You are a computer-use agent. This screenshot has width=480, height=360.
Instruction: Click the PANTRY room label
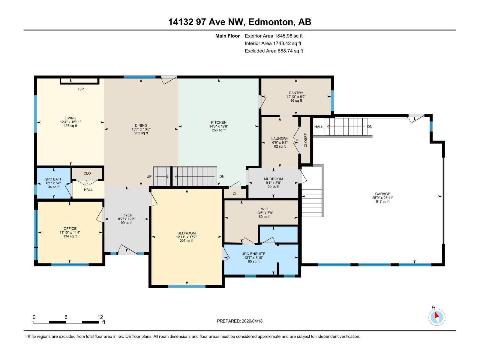pyautogui.click(x=296, y=93)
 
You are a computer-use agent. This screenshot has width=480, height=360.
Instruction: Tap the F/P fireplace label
pyautogui.click(x=81, y=89)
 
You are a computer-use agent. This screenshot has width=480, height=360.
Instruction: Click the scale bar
pyautogui.click(x=66, y=322)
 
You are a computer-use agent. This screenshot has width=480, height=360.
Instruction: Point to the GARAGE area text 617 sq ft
pyautogui.click(x=382, y=202)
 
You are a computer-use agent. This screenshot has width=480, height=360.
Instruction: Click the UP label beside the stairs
pyautogui.click(x=149, y=176)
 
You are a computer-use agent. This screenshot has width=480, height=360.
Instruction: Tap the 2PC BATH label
pyautogui.click(x=54, y=179)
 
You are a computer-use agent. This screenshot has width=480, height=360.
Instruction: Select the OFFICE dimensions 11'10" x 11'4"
pyautogui.click(x=70, y=232)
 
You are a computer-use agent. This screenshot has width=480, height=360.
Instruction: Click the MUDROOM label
pyautogui.click(x=273, y=179)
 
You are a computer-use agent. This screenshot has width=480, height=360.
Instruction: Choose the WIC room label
pyautogui.click(x=264, y=209)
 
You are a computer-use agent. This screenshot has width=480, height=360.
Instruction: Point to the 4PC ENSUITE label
pyautogui.click(x=253, y=254)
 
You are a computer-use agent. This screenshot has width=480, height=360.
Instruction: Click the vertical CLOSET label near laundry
pyautogui.click(x=306, y=140)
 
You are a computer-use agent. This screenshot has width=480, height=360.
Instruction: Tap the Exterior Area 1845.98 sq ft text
pyautogui.click(x=274, y=36)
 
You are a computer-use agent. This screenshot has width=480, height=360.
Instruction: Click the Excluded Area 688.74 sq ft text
pyautogui.click(x=274, y=51)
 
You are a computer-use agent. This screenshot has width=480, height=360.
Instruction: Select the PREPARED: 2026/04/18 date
pyautogui.click(x=240, y=321)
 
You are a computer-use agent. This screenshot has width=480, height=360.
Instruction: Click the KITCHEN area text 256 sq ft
pyautogui.click(x=219, y=130)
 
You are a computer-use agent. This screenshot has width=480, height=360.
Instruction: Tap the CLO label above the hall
pyautogui.click(x=87, y=173)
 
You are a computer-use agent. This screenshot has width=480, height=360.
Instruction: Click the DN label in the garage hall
pyautogui.click(x=370, y=127)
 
